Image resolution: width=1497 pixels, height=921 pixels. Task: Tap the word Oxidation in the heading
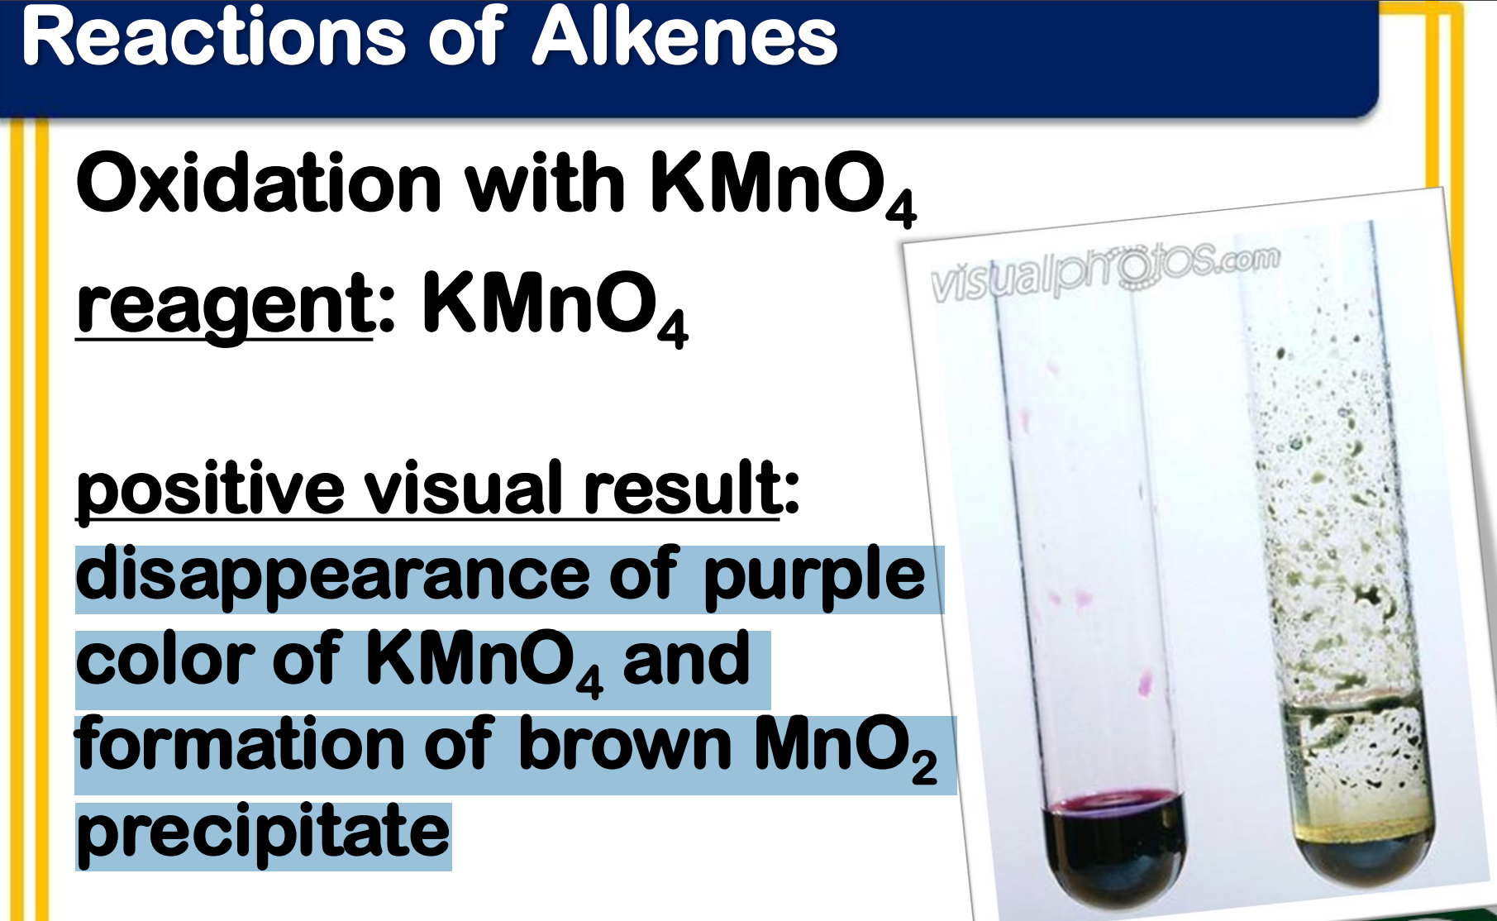pos(259,183)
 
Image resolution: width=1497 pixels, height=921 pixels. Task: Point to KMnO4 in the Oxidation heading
pos(784,187)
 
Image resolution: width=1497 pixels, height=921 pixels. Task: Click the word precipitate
pos(263,833)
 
